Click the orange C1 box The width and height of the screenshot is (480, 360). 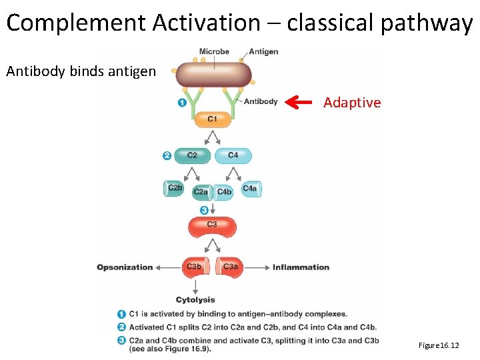pos(212,119)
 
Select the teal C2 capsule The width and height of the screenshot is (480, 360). pos(192,155)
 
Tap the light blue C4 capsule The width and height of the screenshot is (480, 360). pos(233,155)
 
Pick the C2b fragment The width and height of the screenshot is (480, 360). pos(175,189)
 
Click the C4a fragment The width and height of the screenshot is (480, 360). pos(250,189)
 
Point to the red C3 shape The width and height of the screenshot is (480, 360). pos(212,226)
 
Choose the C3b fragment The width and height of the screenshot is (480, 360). pos(194,267)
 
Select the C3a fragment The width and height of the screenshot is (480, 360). pos(230,267)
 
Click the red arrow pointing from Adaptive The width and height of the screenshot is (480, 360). pos(299,102)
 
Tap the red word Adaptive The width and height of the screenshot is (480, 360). pos(352,103)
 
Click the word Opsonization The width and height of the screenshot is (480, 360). pos(125,267)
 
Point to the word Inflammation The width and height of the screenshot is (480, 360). pos(301,267)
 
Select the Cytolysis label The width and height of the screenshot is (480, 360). pos(195,300)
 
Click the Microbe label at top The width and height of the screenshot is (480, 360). pos(214,51)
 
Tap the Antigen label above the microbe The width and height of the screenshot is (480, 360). pos(263,51)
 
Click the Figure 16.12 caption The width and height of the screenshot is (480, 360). pos(439,345)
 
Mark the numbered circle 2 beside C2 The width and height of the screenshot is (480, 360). pos(167,156)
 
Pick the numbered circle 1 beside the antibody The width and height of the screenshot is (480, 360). pos(181,103)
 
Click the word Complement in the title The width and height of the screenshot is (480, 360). pos(76,23)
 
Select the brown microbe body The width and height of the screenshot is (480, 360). pos(213,75)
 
